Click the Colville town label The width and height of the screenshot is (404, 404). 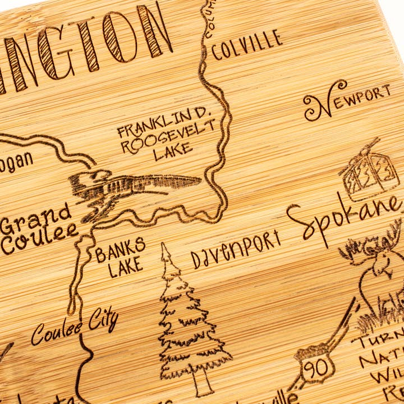point(246,45)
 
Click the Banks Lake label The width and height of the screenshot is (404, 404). point(120,256)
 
